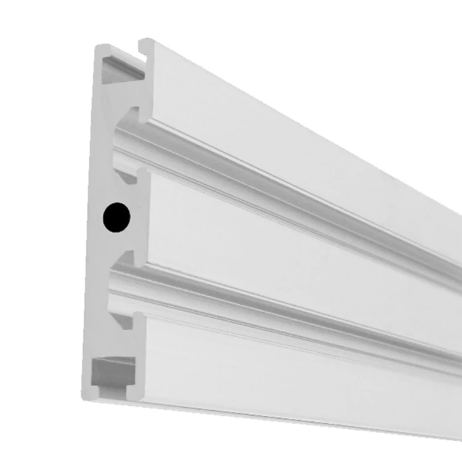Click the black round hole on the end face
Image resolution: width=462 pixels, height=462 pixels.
coord(116,217)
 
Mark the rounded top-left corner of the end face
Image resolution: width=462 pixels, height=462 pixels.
coord(99,48)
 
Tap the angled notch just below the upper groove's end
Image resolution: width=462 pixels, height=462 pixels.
coord(128,176)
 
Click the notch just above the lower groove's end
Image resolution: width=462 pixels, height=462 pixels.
coord(126,257)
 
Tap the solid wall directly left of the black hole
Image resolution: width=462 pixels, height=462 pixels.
coord(95,217)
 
